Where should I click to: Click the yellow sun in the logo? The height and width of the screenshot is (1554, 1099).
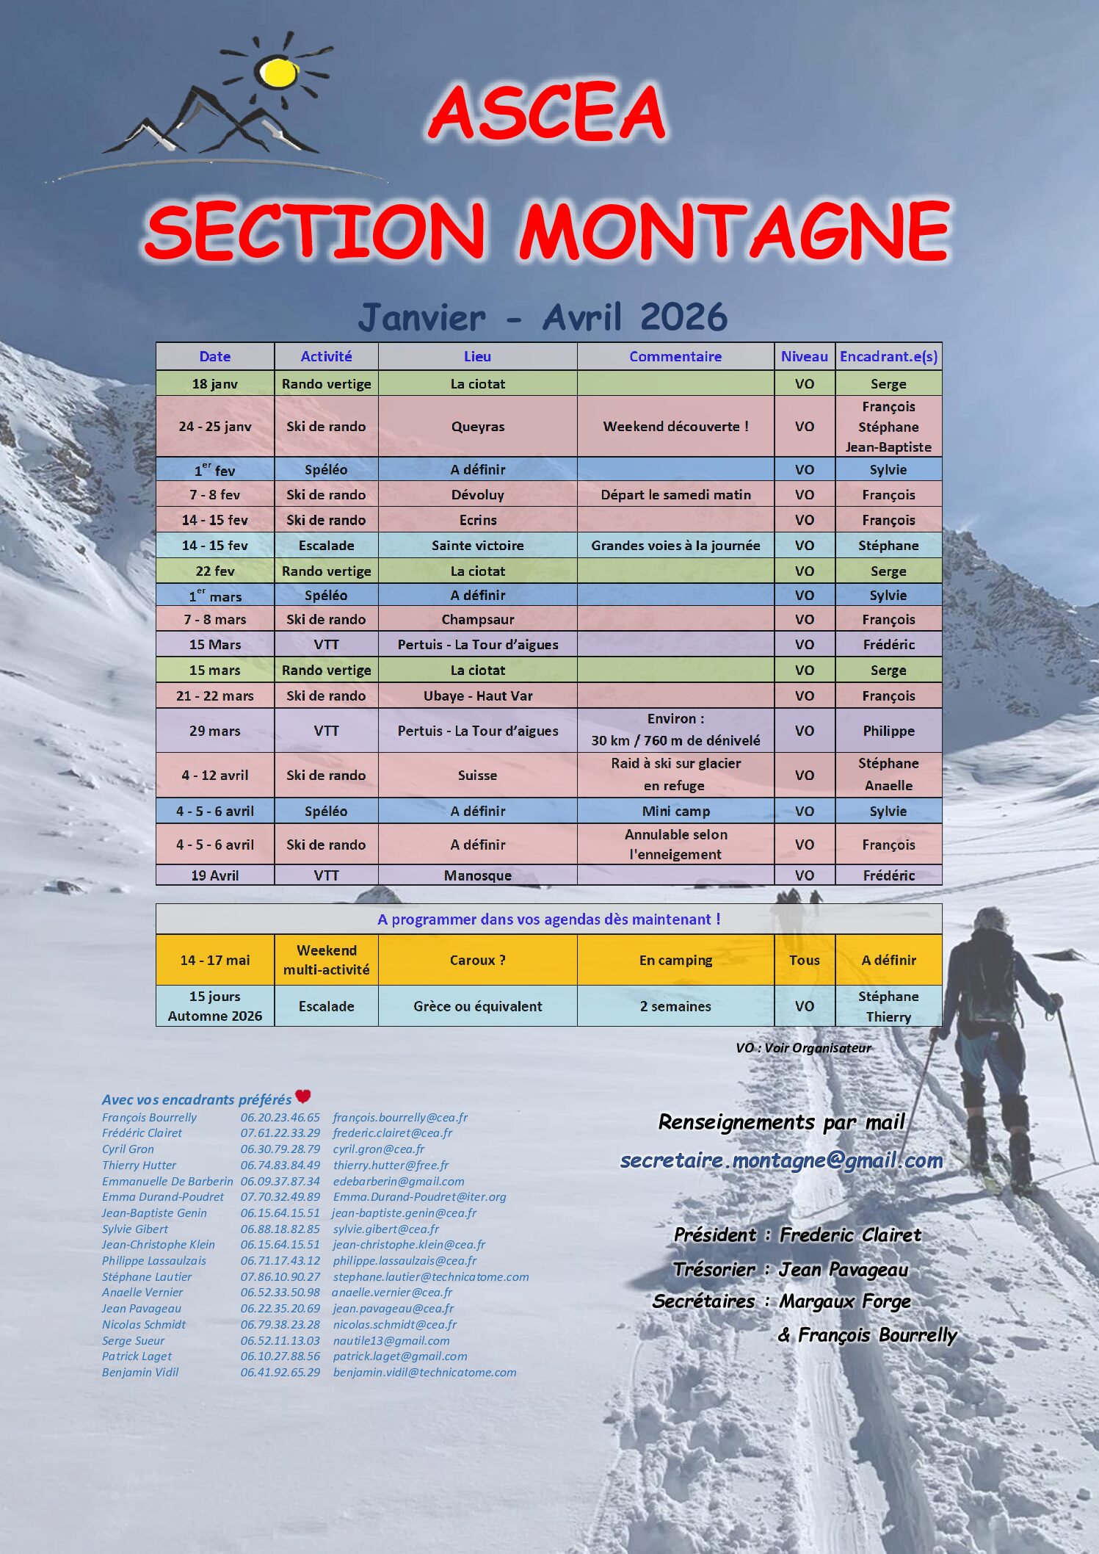[279, 72]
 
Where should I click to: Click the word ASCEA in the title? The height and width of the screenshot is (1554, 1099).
[547, 112]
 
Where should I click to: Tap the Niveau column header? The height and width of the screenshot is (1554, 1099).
[804, 357]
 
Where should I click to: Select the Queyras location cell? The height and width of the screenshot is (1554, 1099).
[477, 427]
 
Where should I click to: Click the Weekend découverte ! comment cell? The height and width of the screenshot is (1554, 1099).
[675, 427]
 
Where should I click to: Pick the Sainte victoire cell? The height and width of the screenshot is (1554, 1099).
[477, 546]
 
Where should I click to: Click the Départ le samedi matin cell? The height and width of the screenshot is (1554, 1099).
[675, 495]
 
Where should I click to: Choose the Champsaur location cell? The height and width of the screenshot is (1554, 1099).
[477, 620]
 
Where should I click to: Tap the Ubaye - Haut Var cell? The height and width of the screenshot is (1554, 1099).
[477, 696]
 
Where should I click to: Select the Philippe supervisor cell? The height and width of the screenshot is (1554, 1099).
[888, 731]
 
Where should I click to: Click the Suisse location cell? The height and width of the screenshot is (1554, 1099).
[477, 776]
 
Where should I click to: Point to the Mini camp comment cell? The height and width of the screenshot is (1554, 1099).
[675, 812]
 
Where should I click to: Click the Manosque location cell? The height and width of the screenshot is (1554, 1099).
[477, 875]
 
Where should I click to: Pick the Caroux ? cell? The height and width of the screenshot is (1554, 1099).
[477, 961]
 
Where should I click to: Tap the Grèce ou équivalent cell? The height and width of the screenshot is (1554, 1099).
[477, 1007]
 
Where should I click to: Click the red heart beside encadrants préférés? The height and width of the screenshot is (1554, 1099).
[303, 1097]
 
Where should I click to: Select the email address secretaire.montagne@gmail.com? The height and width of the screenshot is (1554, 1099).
[781, 1161]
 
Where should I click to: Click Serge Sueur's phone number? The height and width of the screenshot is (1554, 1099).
[280, 1341]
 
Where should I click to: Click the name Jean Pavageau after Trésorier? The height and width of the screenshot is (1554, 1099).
[844, 1270]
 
